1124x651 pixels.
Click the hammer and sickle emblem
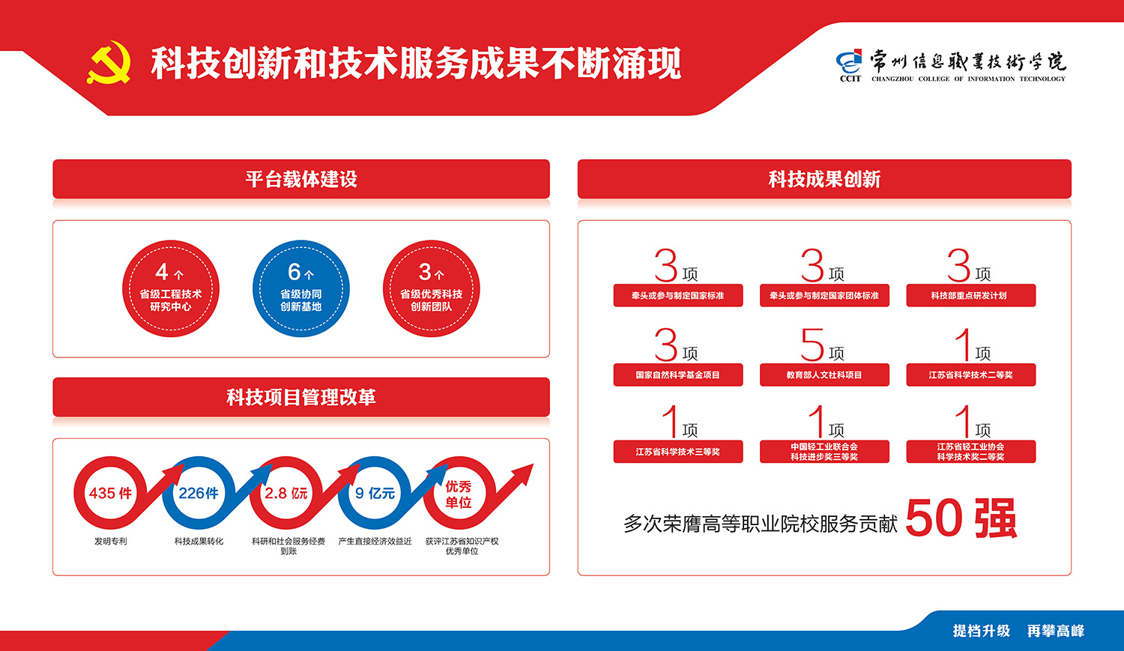tap(109, 63)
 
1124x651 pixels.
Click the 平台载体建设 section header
tap(301, 179)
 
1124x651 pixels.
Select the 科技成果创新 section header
tap(824, 179)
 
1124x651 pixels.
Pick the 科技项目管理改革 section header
tap(301, 397)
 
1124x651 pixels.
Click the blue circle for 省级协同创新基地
tap(301, 288)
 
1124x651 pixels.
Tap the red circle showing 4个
tap(171, 288)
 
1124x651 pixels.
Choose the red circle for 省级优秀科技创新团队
tap(431, 288)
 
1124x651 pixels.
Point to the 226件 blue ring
tap(169, 493)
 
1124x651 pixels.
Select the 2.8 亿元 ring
tap(258, 493)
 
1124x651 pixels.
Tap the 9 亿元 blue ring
tap(345, 493)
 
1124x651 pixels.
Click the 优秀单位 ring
tap(432, 493)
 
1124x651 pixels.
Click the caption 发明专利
tap(110, 541)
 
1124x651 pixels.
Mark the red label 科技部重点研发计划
tap(971, 295)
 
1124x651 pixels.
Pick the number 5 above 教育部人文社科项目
tap(812, 345)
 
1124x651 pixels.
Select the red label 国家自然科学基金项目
tap(678, 375)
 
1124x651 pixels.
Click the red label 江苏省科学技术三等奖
tap(678, 452)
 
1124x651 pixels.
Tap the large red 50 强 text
tap(961, 518)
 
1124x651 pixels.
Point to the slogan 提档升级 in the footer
tap(981, 631)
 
